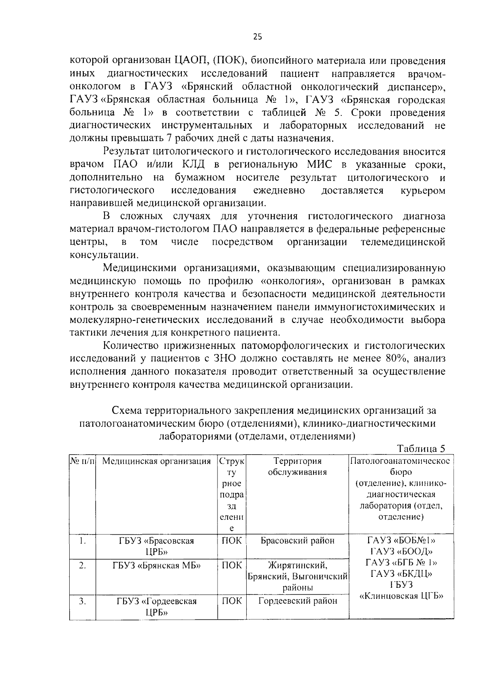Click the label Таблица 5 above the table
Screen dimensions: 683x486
point(421,448)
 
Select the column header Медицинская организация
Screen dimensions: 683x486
point(156,461)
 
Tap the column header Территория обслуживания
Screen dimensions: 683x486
point(297,466)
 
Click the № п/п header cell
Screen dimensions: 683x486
point(83,461)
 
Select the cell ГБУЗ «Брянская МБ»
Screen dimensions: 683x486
point(156,566)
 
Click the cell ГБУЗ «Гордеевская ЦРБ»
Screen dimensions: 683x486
point(156,606)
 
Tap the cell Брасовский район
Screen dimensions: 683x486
point(297,541)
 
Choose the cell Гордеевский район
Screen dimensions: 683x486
point(297,601)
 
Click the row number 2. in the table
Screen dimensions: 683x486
point(82,566)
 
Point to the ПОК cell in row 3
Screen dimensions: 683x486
point(232,601)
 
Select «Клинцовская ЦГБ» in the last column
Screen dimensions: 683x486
point(401,596)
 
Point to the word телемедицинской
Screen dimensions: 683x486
point(403,242)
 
